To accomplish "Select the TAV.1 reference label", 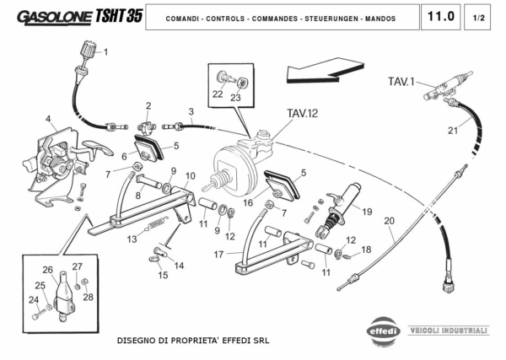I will tap(401, 82).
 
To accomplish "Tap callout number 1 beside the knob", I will tap(105, 52).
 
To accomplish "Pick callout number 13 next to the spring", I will tap(132, 239).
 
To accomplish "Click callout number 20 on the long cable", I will tap(389, 221).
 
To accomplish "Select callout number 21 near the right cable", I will tap(453, 130).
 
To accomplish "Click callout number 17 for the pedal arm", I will tap(218, 254).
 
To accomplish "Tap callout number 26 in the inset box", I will tap(48, 271).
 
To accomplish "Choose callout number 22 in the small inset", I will tap(218, 94).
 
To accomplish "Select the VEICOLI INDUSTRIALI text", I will tap(448, 329).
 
